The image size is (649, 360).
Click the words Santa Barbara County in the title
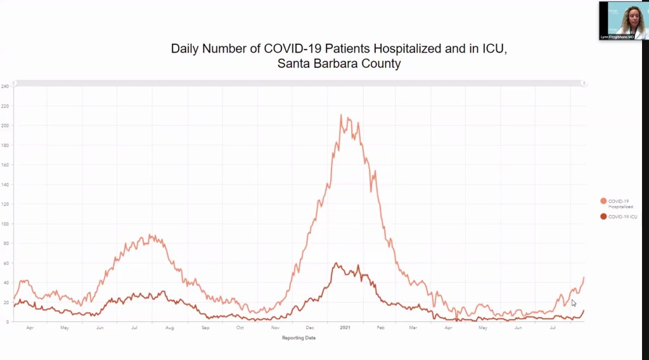coord(339,64)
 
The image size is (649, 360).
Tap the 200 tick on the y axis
coord(6,125)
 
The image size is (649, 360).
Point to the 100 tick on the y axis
coord(6,224)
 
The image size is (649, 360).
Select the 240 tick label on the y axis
coord(6,86)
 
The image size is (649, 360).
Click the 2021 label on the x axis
coord(345,328)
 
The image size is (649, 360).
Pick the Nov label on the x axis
coord(275,328)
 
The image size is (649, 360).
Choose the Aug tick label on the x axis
coord(170,328)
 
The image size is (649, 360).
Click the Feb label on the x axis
coord(381,328)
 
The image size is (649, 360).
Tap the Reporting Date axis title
coord(299,338)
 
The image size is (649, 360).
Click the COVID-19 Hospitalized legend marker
coord(603,201)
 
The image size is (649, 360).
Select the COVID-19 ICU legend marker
coord(603,217)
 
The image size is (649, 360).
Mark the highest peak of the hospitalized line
coord(341,115)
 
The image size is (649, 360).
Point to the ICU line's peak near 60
coord(336,264)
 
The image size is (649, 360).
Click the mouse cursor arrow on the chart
coord(574,303)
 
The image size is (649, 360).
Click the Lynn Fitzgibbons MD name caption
coord(622,37)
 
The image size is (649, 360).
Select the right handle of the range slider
coord(584,83)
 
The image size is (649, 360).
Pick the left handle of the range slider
coord(14,83)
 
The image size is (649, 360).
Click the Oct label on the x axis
coord(240,328)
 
